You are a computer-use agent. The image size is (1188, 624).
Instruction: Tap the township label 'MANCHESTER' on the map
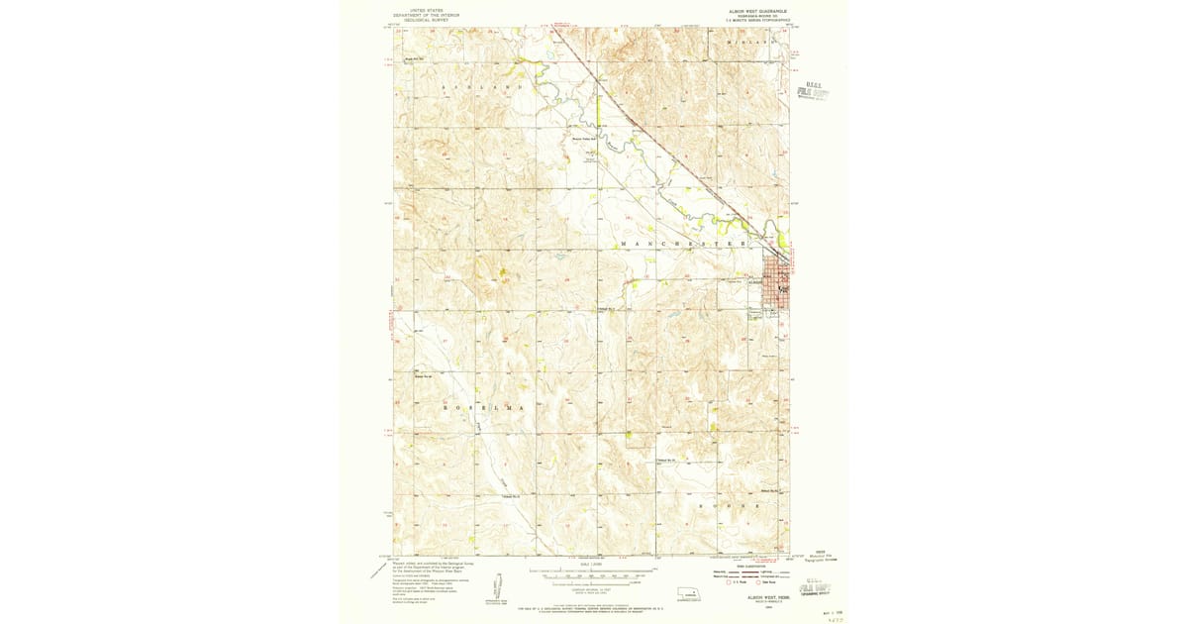682,243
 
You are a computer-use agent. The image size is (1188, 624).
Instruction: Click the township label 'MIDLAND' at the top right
748,44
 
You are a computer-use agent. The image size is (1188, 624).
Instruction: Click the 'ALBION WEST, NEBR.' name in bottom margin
755,597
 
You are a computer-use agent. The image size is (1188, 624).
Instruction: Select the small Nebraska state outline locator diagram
682,595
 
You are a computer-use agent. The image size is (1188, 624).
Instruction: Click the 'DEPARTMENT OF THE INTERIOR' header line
425,15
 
